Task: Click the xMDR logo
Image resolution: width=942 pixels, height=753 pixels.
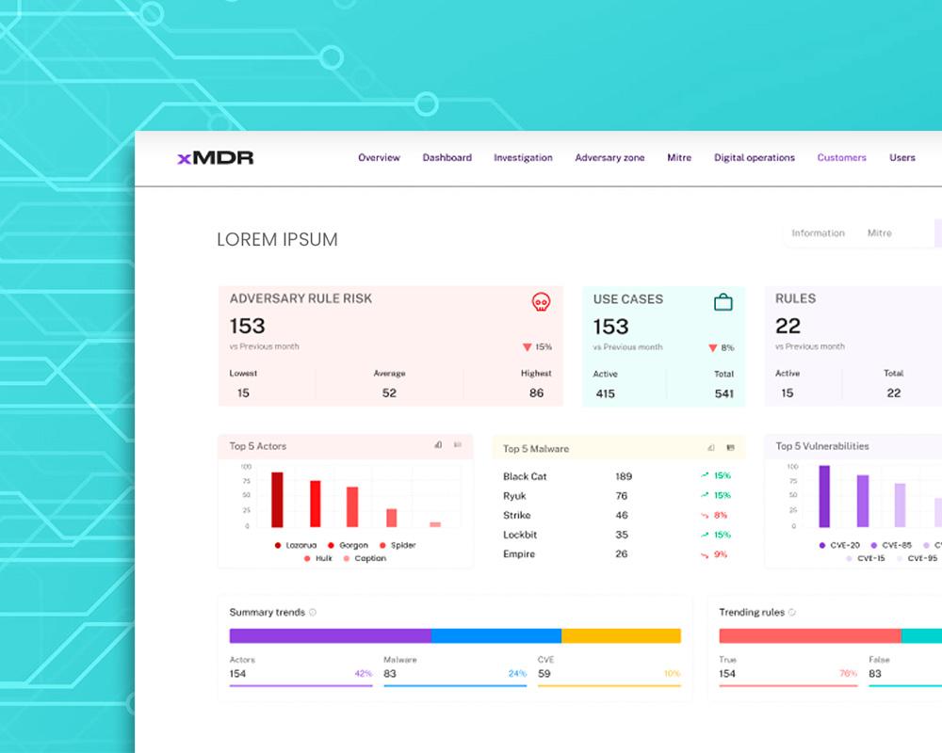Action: click(216, 158)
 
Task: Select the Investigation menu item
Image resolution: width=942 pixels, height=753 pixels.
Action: click(523, 158)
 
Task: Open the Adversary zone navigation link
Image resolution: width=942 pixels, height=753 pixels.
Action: click(609, 158)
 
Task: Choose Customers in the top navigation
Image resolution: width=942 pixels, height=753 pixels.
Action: click(841, 158)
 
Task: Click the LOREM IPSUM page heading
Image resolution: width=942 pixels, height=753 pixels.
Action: click(277, 240)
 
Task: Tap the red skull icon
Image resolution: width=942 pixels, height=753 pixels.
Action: click(541, 302)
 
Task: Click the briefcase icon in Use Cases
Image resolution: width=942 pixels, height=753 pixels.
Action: click(723, 302)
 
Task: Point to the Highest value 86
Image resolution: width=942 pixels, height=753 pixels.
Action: click(536, 393)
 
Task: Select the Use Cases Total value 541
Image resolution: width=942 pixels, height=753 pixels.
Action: click(723, 393)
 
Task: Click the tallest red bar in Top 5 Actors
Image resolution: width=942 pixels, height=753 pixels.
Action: click(277, 500)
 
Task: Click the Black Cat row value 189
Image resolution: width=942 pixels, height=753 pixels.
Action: click(623, 476)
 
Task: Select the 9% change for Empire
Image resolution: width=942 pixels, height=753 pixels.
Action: click(721, 554)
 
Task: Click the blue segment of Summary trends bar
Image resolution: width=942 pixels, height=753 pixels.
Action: click(496, 635)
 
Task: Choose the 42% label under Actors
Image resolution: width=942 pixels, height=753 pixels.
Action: click(363, 674)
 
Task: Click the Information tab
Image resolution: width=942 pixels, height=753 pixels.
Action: click(818, 233)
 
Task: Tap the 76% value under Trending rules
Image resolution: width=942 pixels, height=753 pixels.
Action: click(848, 674)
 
